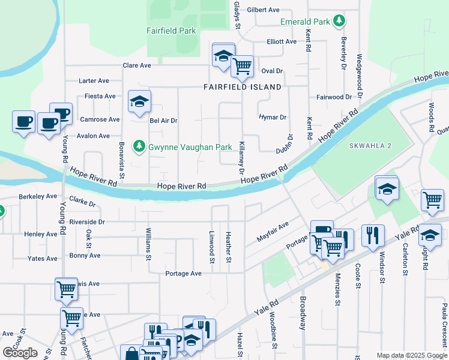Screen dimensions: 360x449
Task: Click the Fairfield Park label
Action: click(171, 31)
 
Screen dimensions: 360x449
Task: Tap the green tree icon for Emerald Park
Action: click(339, 22)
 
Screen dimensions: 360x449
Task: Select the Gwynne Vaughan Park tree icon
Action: click(139, 146)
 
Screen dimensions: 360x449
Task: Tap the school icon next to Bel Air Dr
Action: click(139, 101)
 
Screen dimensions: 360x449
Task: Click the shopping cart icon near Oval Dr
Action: click(241, 66)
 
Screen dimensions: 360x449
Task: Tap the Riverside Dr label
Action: click(87, 221)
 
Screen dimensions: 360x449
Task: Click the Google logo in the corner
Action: click(20, 353)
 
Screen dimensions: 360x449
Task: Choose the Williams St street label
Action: click(148, 244)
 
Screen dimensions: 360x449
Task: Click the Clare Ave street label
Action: click(137, 65)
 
